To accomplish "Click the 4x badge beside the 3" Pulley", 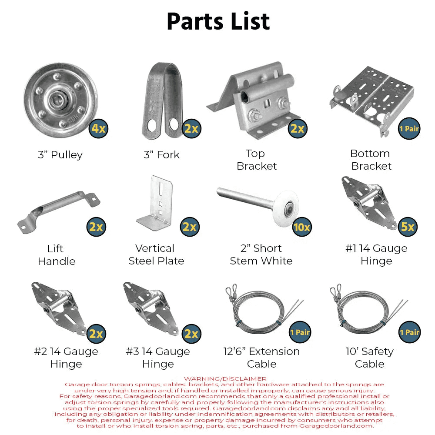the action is click(98, 128).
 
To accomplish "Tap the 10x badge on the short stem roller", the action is click(302, 227).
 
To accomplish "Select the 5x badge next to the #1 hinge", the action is click(408, 227).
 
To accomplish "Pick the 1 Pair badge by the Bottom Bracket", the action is click(409, 129).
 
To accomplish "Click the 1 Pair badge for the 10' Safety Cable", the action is click(409, 332).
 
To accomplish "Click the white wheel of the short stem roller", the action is click(286, 209).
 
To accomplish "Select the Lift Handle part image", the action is click(59, 211).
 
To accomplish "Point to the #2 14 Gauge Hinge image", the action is click(60, 309).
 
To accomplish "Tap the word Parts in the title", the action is click(195, 21).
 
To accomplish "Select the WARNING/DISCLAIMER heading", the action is click(225, 379).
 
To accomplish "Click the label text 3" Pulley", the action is click(60, 155).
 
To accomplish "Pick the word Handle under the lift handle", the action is click(57, 261).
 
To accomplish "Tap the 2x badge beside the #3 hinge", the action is click(191, 334).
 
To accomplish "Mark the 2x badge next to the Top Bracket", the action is click(298, 128).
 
